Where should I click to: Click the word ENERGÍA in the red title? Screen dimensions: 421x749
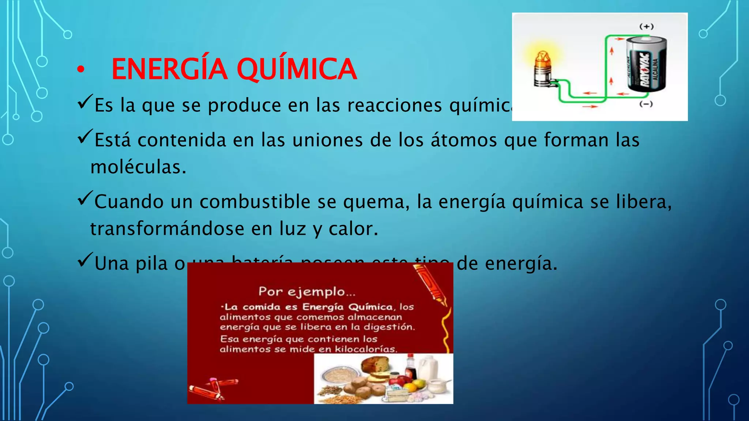[x=169, y=69]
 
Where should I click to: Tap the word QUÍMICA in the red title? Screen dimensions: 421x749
[x=296, y=69]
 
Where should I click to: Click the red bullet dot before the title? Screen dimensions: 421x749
[x=80, y=69]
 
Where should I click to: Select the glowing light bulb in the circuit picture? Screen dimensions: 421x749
[x=543, y=68]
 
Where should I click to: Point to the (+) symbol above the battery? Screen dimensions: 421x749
[x=646, y=26]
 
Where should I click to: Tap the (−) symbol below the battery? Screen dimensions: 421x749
[x=646, y=104]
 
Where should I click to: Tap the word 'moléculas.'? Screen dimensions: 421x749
[x=138, y=167]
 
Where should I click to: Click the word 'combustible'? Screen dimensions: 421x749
[x=255, y=202]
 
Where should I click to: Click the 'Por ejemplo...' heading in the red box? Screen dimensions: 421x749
[x=307, y=292]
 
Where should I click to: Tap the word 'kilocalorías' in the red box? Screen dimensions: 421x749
[x=365, y=349]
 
